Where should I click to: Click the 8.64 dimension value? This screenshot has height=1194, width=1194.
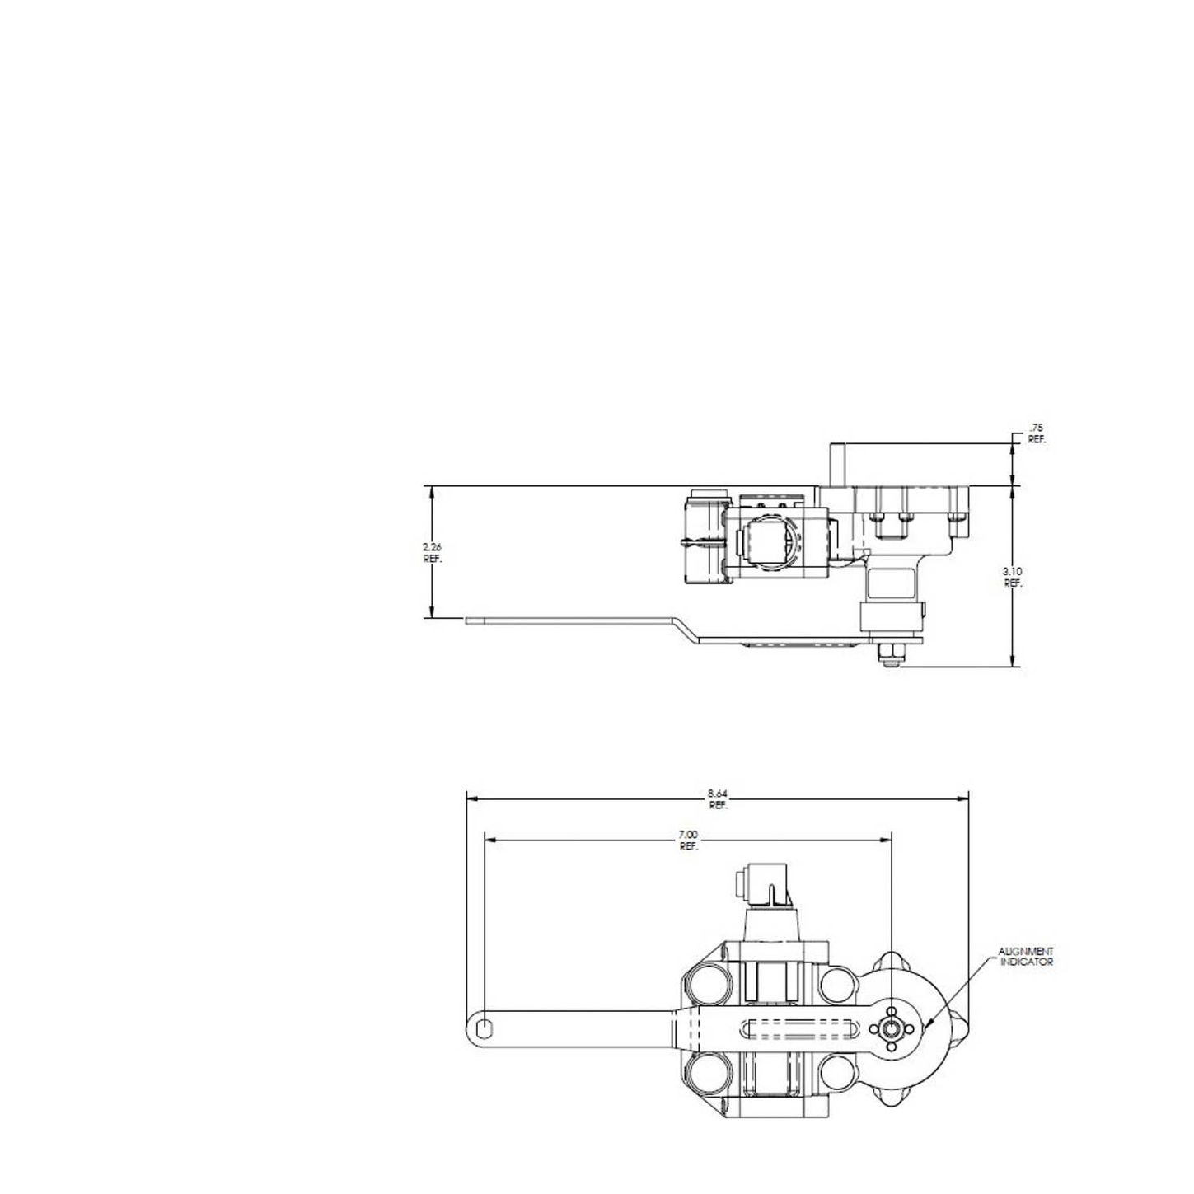click(x=718, y=794)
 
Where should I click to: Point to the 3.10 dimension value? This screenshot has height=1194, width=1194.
click(x=1013, y=571)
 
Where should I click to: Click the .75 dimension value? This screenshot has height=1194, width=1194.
click(x=1036, y=428)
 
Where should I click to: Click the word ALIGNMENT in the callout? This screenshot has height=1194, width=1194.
click(x=1026, y=952)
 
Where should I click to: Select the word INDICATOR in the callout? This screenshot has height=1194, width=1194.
click(x=1026, y=962)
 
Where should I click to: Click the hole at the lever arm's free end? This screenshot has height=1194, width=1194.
click(x=485, y=1026)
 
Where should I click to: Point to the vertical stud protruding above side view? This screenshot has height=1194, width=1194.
click(x=836, y=463)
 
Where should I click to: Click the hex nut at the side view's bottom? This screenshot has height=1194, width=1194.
click(x=891, y=655)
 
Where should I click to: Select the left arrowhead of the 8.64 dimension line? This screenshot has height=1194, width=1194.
click(x=470, y=798)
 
